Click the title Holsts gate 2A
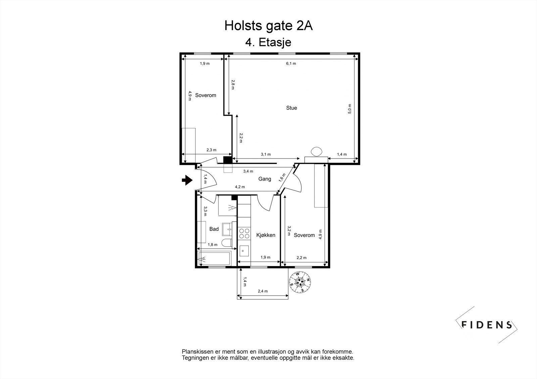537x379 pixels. pos(268,26)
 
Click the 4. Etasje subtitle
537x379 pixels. pos(268,43)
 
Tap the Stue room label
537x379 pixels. pos(291,108)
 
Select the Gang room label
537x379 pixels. pos(264,179)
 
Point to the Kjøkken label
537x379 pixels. pos(265,235)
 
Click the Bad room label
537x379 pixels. pos(214,229)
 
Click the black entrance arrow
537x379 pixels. pos(187,181)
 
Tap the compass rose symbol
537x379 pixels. pos(300,282)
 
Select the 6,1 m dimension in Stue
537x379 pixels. pos(291,64)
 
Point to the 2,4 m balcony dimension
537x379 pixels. pos(263,291)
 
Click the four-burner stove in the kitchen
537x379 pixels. pos(244,233)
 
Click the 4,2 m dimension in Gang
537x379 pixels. pos(240,187)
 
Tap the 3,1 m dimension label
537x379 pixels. pos(266,154)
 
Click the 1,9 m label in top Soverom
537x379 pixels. pos(205,64)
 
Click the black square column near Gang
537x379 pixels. pos(228,160)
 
